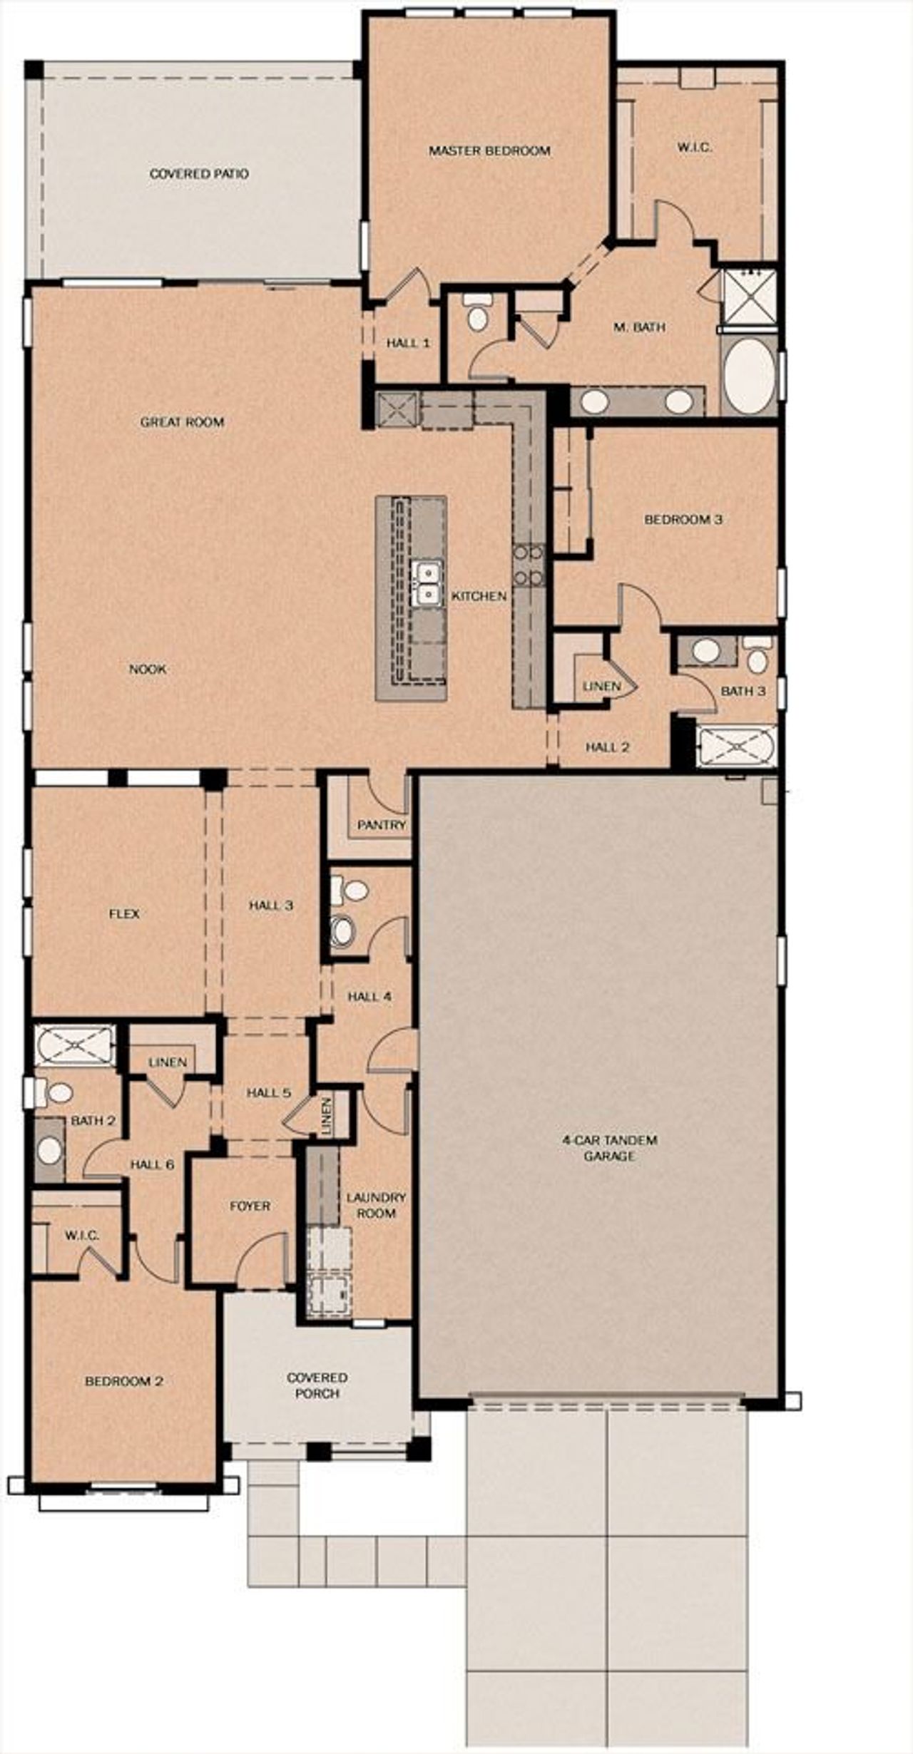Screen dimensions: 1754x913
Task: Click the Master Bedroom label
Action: (489, 150)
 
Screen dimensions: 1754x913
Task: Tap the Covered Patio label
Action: (199, 173)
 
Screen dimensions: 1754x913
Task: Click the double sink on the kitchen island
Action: (427, 583)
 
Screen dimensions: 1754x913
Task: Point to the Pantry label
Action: (381, 825)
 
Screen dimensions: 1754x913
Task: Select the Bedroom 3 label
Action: (683, 519)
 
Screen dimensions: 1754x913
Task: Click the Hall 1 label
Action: (407, 343)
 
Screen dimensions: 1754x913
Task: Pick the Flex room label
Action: (124, 913)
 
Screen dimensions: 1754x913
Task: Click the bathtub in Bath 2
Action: (74, 1046)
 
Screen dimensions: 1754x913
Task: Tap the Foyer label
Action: (250, 1206)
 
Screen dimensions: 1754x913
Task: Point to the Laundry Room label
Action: (376, 1205)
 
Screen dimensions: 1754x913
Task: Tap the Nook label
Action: (148, 669)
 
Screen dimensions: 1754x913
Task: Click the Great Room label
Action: (182, 421)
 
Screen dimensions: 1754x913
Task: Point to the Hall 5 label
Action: (268, 1092)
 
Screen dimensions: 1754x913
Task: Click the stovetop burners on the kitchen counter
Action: (529, 563)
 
